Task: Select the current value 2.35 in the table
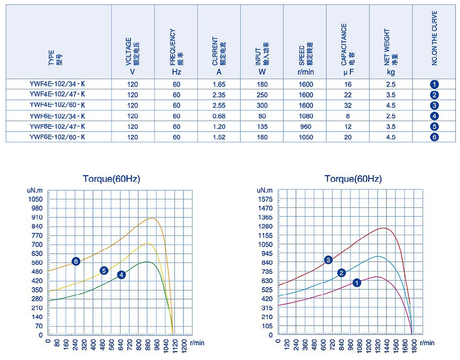(x=219, y=95)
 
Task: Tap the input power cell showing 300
(x=262, y=105)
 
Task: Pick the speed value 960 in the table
(x=306, y=126)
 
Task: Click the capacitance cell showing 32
(x=348, y=105)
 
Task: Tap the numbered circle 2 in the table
(x=434, y=95)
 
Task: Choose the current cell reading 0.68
(x=219, y=116)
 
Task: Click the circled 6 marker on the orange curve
(x=76, y=261)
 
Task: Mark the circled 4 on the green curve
(x=121, y=275)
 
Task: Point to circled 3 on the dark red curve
(x=329, y=260)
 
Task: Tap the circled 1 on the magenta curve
(x=357, y=282)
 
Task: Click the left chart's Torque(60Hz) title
(x=111, y=179)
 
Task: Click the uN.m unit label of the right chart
(x=265, y=190)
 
